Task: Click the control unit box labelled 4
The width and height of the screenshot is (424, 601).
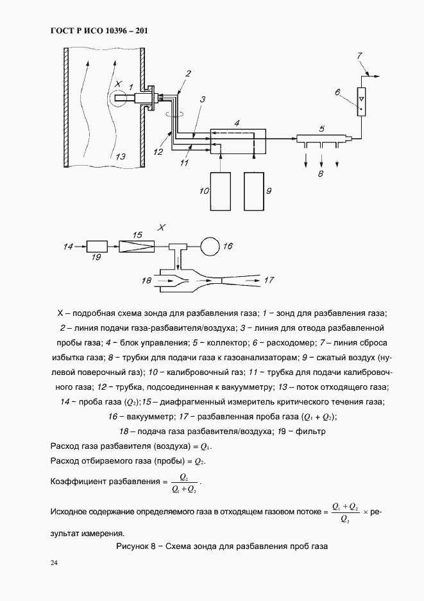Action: click(x=238, y=140)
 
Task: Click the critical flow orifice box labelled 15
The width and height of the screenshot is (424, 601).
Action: click(x=137, y=246)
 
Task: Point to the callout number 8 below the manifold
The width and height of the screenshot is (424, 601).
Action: click(x=321, y=173)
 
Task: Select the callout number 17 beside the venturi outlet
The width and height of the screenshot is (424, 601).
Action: click(x=269, y=280)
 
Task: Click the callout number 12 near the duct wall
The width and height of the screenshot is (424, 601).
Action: click(x=158, y=152)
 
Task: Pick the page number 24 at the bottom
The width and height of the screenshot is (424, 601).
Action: click(x=54, y=563)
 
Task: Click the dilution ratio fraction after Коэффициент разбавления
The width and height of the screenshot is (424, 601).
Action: click(x=184, y=483)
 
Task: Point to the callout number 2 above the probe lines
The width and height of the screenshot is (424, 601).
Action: click(x=188, y=74)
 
